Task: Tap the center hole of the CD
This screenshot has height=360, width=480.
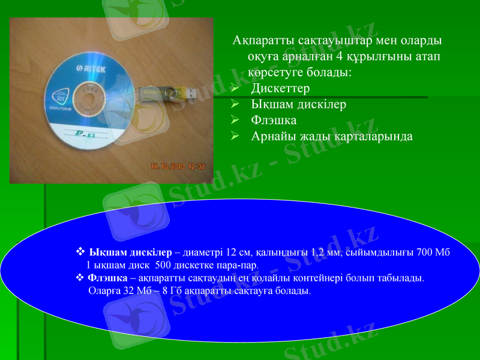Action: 91,97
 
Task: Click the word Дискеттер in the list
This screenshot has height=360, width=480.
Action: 280,89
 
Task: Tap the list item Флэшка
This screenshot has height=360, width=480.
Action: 274,120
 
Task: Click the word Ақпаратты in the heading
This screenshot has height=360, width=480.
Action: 261,41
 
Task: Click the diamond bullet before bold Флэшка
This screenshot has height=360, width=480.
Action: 80,278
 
